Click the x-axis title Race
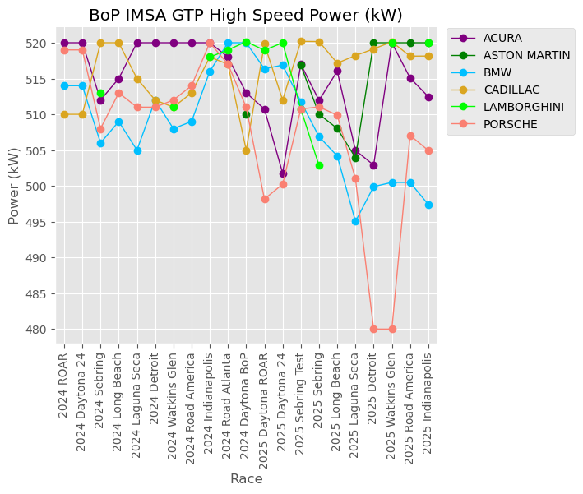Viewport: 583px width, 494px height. [246, 478]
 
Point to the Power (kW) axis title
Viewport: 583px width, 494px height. [14, 186]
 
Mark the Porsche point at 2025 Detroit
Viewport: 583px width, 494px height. [373, 329]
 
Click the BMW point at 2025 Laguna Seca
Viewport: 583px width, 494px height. [355, 221]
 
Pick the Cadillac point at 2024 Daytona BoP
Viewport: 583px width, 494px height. [246, 150]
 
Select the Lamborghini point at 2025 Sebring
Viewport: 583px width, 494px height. [319, 165]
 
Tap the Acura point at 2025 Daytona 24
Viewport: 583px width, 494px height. [283, 173]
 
